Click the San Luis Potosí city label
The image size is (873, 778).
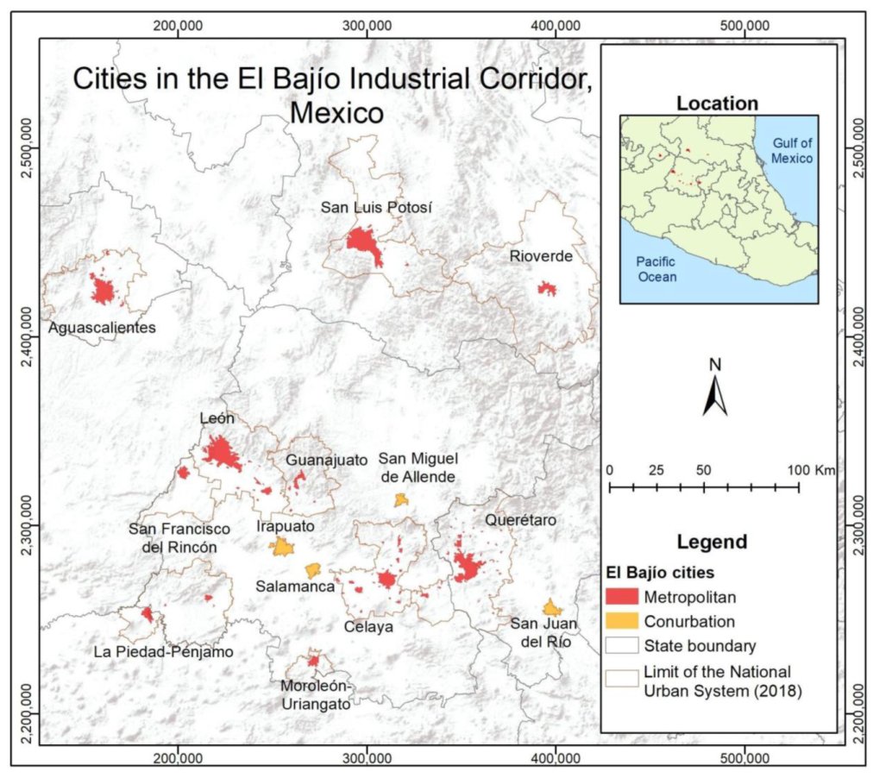pyautogui.click(x=375, y=208)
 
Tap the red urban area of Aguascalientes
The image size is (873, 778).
pyautogui.click(x=104, y=291)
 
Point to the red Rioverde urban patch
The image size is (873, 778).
pyautogui.click(x=546, y=288)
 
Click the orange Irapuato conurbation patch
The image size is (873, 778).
pyautogui.click(x=281, y=547)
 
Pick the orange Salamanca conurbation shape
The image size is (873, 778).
pyautogui.click(x=312, y=570)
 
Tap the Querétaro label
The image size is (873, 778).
pyautogui.click(x=520, y=520)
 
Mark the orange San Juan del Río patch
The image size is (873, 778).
pyautogui.click(x=553, y=608)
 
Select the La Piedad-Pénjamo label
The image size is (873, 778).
pyautogui.click(x=163, y=651)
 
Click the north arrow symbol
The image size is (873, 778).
pyautogui.click(x=714, y=396)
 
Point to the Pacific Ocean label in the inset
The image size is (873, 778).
pyautogui.click(x=656, y=268)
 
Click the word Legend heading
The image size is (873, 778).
pyautogui.click(x=712, y=543)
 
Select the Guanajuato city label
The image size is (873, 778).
pyautogui.click(x=327, y=459)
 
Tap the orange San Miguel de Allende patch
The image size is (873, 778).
pyautogui.click(x=400, y=499)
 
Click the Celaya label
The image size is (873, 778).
pyautogui.click(x=368, y=626)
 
